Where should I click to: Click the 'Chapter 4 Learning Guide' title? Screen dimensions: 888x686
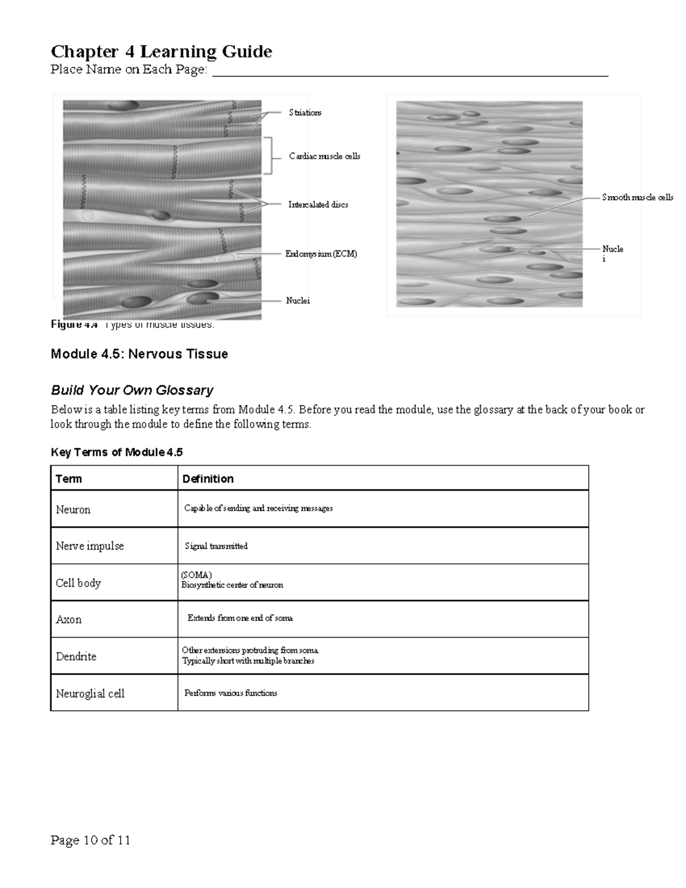click(161, 51)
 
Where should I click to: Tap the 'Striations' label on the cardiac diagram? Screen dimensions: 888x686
click(305, 113)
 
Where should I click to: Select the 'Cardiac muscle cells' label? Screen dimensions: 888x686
click(324, 156)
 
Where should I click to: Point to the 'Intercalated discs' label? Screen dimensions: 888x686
click(318, 205)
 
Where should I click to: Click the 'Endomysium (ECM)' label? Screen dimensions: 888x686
click(321, 254)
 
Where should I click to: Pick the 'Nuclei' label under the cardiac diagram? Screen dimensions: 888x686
click(297, 301)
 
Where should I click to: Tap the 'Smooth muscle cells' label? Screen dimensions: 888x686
click(637, 197)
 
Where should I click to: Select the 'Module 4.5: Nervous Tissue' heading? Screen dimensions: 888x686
click(139, 354)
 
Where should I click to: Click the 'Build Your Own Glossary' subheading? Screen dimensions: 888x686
click(132, 390)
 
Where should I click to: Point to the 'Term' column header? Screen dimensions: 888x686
click(69, 479)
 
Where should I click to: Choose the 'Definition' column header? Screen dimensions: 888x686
click(208, 479)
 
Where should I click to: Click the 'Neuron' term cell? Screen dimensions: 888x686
click(73, 509)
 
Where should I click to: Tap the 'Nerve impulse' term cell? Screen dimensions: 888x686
click(90, 546)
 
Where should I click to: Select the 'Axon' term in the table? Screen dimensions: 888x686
click(69, 619)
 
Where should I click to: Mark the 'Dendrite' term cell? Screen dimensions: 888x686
click(76, 656)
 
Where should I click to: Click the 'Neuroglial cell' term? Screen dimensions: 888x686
click(90, 693)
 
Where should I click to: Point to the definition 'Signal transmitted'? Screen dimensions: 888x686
click(216, 546)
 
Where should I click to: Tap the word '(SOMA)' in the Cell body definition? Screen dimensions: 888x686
click(196, 575)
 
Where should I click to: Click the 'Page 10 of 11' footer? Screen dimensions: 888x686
click(90, 840)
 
